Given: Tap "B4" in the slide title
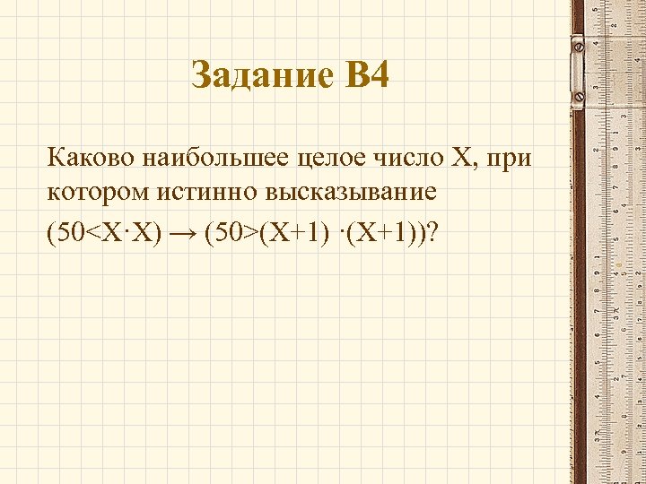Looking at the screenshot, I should coord(367,75).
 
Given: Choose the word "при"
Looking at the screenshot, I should coord(508,162).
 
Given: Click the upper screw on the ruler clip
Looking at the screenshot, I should coord(579,43).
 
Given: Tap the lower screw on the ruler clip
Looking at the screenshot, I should coord(579,87).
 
